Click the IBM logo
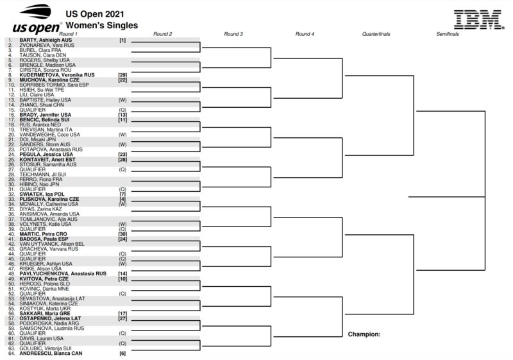point(478,19)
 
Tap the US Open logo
point(37,19)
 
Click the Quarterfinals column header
point(376,34)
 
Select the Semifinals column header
point(447,34)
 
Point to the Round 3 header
point(233,34)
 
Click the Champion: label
point(364,334)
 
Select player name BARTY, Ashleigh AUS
point(46,40)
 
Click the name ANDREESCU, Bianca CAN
point(51,354)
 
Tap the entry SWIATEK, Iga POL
point(42,194)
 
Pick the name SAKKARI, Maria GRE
point(44,314)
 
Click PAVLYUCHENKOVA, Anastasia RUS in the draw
point(63,273)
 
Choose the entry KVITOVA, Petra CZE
point(44,279)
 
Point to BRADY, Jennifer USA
point(45,115)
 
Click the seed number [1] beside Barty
point(122,40)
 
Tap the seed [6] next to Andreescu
point(122,354)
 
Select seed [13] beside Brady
point(122,115)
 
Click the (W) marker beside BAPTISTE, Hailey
point(122,100)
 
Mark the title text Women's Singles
point(102,25)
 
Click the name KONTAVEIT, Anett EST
point(47,160)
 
